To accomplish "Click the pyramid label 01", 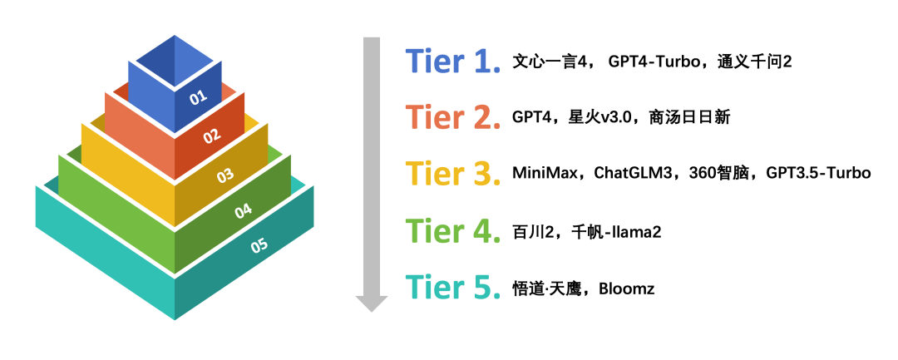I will pos(198,97).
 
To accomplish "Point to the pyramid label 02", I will pos(212,135).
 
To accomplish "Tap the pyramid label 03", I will pos(224,176).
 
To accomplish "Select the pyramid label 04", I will pos(243,211).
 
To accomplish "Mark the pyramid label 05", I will pos(259,245).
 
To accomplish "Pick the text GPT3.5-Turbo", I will pos(818,174).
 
